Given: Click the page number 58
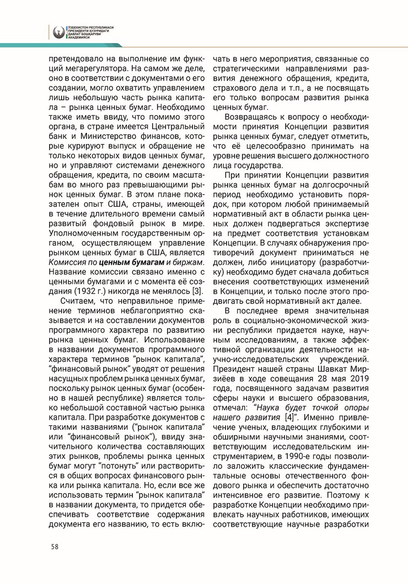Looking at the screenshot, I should pyautogui.click(x=55, y=547).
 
